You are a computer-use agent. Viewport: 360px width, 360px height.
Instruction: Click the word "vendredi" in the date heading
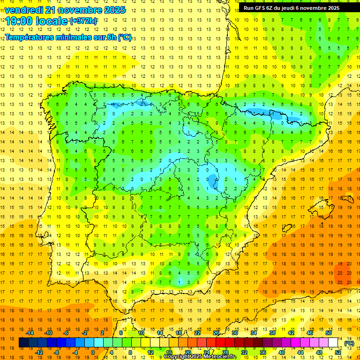(x=24, y=10)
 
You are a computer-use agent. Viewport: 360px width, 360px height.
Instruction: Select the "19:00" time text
(x=18, y=21)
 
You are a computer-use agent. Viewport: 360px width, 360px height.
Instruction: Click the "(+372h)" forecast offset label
(x=83, y=21)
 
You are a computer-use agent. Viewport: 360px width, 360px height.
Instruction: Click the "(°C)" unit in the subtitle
(x=125, y=37)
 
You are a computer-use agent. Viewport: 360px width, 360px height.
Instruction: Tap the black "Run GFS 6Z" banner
(x=299, y=8)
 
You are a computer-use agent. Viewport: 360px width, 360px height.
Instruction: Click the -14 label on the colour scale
(x=30, y=333)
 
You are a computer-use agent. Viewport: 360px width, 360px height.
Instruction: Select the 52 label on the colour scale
(x=338, y=352)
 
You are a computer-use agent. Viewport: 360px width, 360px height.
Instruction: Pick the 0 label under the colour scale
(x=93, y=352)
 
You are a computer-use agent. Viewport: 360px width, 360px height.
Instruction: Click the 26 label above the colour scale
(x=216, y=333)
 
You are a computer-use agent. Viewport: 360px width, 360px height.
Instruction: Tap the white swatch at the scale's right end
(x=333, y=343)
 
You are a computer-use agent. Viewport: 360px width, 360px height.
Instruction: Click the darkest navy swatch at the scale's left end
(x=24, y=343)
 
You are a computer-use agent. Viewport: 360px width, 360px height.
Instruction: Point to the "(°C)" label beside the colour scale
(x=349, y=343)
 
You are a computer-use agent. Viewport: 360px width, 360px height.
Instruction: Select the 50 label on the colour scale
(x=329, y=333)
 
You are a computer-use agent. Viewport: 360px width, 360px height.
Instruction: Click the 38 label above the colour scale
(x=272, y=333)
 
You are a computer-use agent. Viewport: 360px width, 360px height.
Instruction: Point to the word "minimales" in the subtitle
(x=75, y=37)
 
